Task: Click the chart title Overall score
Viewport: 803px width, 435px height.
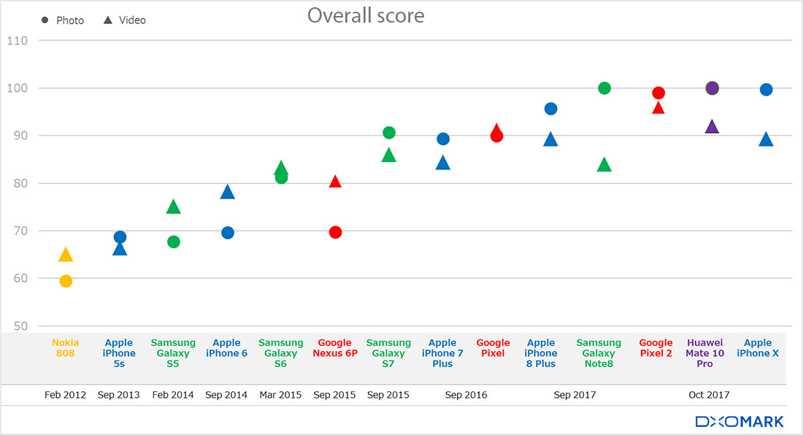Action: [x=366, y=15]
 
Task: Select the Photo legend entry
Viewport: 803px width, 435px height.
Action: [x=63, y=20]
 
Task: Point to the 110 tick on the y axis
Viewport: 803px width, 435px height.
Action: [x=16, y=41]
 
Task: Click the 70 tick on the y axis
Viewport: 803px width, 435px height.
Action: [x=16, y=231]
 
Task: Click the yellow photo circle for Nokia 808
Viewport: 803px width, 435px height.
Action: [x=66, y=281]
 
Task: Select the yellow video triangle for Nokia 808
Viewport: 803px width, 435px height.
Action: [x=66, y=255]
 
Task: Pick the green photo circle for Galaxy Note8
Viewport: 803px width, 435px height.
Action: [x=604, y=88]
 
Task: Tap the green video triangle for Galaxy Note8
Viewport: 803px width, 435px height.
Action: [x=604, y=165]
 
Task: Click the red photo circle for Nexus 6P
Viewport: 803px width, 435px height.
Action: [x=335, y=232]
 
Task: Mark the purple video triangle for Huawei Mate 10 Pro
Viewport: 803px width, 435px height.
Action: [x=712, y=127]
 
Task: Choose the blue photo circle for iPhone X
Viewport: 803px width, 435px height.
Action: [x=766, y=90]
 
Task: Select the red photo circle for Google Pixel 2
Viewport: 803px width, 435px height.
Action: [x=658, y=93]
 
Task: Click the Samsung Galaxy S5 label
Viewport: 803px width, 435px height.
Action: [x=173, y=353]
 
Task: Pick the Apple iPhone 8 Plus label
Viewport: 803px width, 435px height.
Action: [x=540, y=353]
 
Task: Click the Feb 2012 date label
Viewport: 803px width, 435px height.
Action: [x=65, y=395]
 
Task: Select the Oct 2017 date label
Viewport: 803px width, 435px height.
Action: [x=709, y=395]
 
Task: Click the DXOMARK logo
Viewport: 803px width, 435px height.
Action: [x=739, y=421]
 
